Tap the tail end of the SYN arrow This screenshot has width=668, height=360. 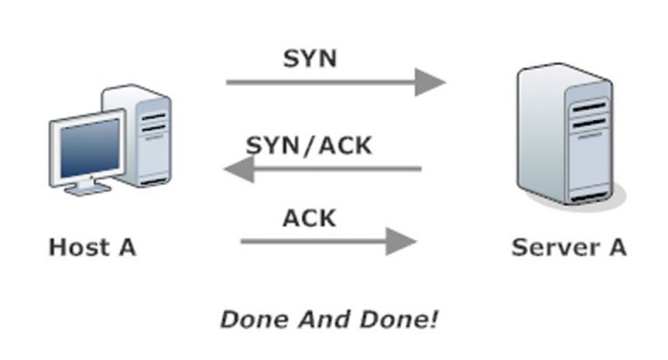click(x=230, y=83)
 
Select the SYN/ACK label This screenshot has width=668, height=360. click(x=309, y=144)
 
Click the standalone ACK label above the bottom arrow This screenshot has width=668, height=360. click(x=309, y=217)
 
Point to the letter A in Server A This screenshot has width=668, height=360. click(x=614, y=247)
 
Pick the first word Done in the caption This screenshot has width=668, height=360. click(x=253, y=319)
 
